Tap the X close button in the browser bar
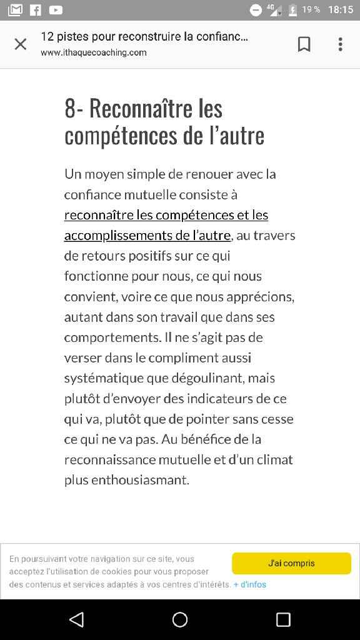[21, 44]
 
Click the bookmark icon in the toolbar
[304, 44]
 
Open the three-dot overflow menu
[340, 44]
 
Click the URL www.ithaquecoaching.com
[94, 52]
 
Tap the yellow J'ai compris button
[291, 563]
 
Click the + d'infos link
[250, 584]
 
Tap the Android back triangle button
[76, 619]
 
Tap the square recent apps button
[283, 619]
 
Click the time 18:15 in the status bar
[340, 9]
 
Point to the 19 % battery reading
[311, 9]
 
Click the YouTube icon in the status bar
[56, 9]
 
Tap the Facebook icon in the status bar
[36, 9]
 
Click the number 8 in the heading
[70, 109]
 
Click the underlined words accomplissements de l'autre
[147, 235]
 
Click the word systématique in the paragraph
[104, 378]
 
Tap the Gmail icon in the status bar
[15, 9]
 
